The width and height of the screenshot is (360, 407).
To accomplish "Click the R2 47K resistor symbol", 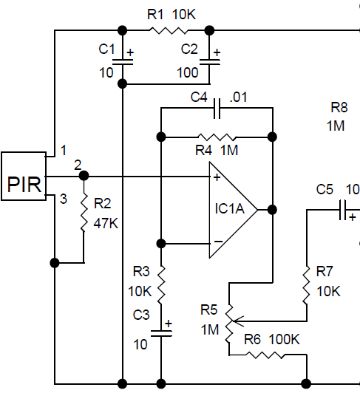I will pos(84,213).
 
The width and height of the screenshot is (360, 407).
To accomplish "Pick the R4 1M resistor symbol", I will pos(217,137).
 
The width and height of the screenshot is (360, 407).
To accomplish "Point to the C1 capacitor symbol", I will pos(123,65).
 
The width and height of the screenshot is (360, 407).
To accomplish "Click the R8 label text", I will pos(339,106).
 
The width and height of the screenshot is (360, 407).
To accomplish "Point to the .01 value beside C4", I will pos(239,97).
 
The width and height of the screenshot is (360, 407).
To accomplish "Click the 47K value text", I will pos(106,223).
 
